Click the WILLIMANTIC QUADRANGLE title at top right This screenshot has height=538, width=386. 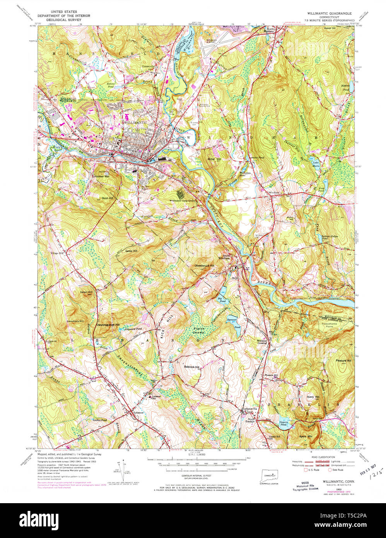(329, 13)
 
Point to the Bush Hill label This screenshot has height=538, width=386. (107, 198)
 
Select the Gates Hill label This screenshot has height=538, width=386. (123, 251)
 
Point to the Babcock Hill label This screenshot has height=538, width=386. (191, 367)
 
